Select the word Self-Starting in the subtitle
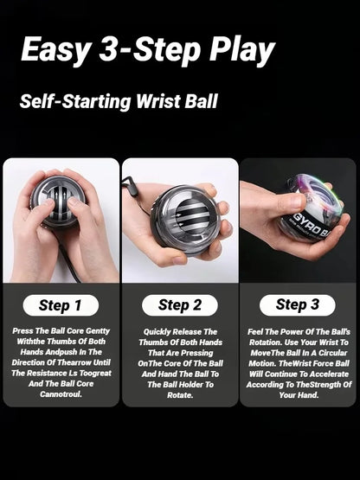pyautogui.click(x=74, y=100)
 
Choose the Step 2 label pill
pyautogui.click(x=179, y=304)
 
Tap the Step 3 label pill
pyautogui.click(x=297, y=304)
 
